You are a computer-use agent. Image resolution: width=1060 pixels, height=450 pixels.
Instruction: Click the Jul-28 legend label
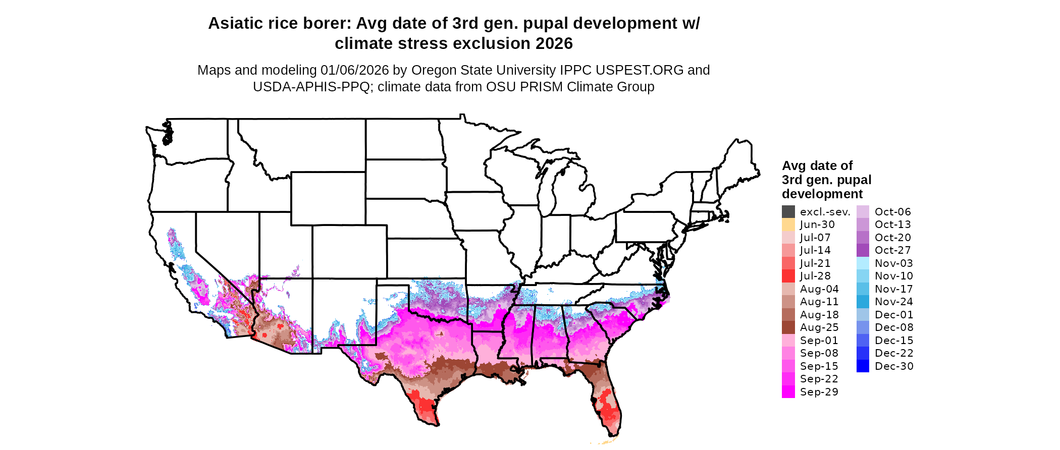815,276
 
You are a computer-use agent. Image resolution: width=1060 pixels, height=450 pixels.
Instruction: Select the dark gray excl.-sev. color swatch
788,212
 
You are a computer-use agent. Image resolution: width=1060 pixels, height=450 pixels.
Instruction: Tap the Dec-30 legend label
893,366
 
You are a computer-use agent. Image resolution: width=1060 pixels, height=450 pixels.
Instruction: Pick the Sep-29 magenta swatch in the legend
788,392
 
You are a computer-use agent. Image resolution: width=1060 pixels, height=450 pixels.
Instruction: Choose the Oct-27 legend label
892,250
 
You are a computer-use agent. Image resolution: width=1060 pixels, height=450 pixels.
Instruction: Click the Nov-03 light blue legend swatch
863,263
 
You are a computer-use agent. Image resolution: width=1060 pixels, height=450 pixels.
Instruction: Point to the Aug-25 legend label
819,327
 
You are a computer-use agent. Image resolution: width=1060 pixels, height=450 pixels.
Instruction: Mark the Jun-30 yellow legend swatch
788,224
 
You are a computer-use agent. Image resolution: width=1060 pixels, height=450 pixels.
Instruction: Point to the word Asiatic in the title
235,24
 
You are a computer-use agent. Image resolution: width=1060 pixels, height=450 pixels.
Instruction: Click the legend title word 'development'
822,194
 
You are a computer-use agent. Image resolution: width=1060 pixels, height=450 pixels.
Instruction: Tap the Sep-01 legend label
819,341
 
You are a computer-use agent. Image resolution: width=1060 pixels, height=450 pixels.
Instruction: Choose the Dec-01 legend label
893,315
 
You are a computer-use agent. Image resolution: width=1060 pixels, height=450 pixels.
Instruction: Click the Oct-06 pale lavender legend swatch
863,212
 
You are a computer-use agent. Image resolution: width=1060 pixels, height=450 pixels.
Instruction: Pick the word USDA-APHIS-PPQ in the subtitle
311,87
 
